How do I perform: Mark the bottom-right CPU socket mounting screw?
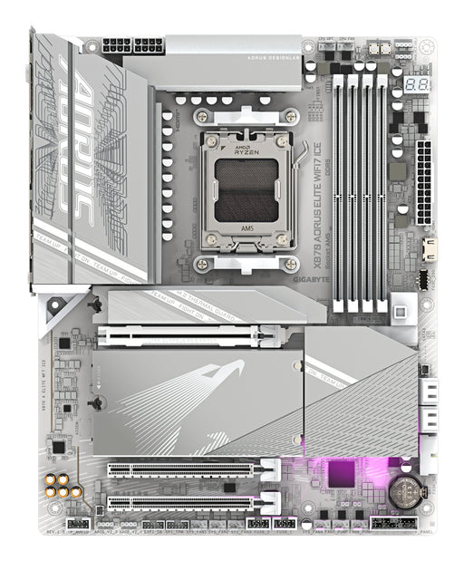click(x=290, y=264)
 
